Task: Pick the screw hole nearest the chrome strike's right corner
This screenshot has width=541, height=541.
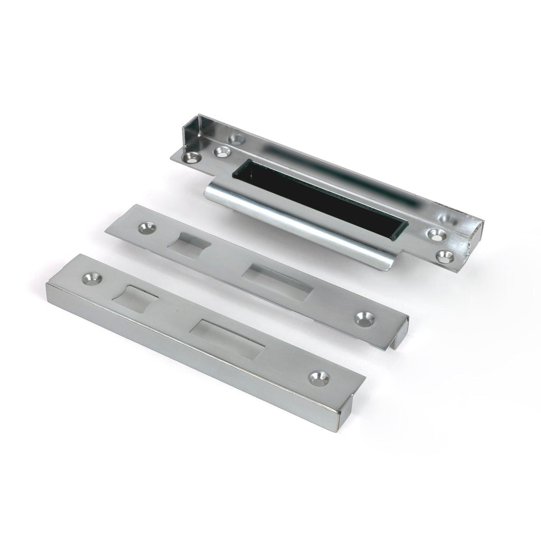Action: [445, 256]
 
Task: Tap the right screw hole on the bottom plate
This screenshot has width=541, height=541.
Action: [319, 377]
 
